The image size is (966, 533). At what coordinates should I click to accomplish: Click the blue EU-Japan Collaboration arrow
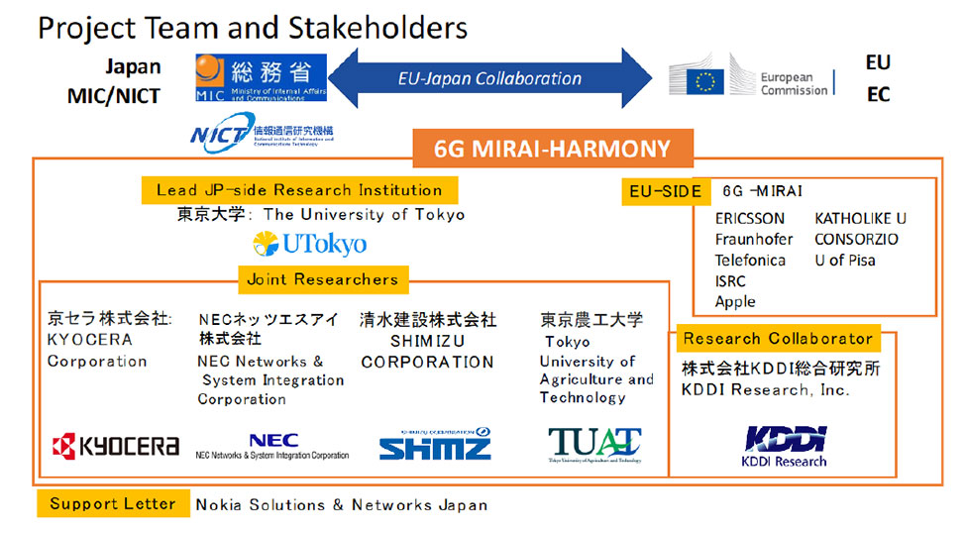coord(489,78)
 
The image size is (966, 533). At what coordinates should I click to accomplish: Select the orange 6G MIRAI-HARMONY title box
coord(552,150)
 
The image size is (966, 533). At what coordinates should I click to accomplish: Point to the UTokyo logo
coord(309,244)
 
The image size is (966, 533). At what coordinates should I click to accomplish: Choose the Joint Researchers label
coord(323,280)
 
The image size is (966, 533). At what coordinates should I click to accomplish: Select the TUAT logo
coord(594,445)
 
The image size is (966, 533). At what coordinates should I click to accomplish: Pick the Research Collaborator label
coord(778,339)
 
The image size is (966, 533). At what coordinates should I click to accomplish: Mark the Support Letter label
coord(113,503)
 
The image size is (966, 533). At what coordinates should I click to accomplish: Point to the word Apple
coord(735,301)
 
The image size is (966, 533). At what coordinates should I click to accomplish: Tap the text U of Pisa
coord(845,261)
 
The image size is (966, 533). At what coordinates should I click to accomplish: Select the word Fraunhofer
coord(754,240)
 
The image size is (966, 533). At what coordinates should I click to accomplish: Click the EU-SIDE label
coord(665,191)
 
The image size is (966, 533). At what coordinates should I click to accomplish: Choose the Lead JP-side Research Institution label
coord(299,190)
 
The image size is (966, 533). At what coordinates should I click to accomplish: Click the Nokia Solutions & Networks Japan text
coord(342,504)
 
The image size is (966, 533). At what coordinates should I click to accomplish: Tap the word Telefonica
coord(750,261)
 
